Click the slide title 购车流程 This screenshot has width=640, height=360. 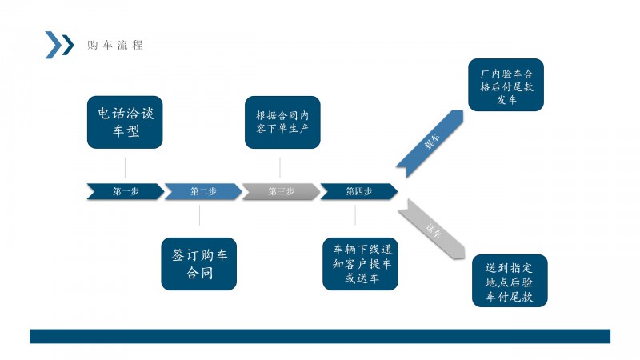[115, 45]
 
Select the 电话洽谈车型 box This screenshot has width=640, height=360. [125, 122]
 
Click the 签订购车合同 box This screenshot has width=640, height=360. [200, 264]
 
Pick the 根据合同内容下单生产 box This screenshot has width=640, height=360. [282, 122]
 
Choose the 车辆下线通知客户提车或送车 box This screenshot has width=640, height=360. [361, 262]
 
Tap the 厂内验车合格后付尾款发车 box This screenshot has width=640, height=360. [506, 84]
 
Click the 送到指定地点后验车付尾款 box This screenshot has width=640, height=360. [510, 281]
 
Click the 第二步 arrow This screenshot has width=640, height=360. [203, 191]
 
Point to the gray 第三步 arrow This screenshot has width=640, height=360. [281, 191]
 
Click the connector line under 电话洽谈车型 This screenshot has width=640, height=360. [125, 166]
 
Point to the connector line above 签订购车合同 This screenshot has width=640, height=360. [200, 215]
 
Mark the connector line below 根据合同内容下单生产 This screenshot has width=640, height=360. [280, 166]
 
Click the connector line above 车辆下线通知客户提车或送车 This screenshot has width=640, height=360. [355, 215]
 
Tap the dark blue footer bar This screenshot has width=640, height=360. [320, 336]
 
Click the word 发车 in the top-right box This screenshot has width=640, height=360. [506, 100]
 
